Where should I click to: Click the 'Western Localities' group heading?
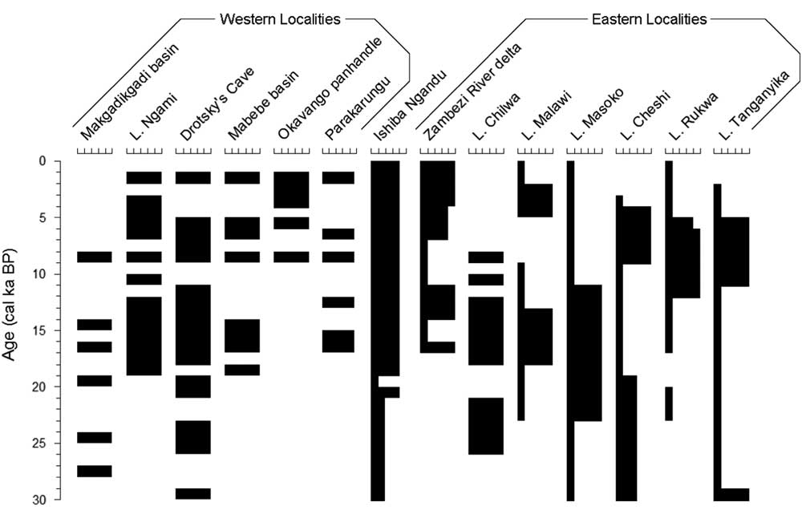279,18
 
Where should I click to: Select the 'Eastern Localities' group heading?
650,18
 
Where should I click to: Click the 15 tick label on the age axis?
42,330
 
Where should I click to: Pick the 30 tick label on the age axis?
42,500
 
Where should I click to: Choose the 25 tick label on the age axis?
42,443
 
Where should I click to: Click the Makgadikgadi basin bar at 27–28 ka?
94,471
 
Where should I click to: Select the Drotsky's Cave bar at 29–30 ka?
192,494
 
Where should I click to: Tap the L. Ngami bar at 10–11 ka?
144,279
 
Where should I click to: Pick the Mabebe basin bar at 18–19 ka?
241,370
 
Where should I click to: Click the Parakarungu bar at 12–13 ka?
338,302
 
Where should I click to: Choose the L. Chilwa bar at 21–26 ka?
486,426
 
